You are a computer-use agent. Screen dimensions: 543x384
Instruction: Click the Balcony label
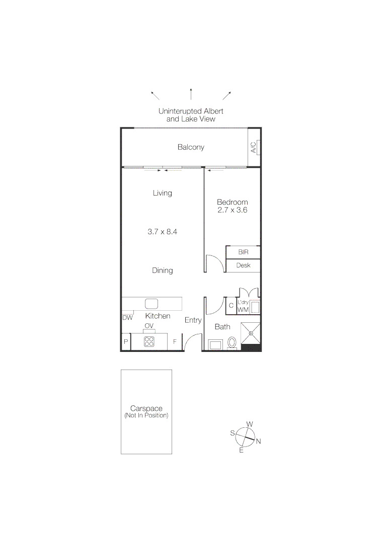coord(191,147)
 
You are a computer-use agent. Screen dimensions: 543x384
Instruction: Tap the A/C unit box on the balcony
coord(254,147)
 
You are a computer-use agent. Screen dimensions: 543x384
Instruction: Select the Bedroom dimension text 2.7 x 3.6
coord(232,210)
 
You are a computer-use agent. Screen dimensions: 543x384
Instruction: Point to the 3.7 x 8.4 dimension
coord(163,232)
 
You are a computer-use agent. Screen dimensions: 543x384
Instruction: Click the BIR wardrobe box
coord(243,252)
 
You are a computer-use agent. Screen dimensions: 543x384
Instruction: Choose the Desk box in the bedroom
coord(243,265)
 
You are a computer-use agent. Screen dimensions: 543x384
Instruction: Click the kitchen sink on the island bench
coord(152,303)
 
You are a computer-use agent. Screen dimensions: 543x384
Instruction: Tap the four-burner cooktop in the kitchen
coord(149,342)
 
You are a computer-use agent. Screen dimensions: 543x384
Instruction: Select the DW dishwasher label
coord(127,317)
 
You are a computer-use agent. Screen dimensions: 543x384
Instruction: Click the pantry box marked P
coord(125,342)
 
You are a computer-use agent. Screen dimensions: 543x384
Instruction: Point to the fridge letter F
coord(175,342)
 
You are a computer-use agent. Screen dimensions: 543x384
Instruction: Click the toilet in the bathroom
coord(233,343)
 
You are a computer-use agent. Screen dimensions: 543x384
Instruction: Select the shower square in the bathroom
coord(250,332)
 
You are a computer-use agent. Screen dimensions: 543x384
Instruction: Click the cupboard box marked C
coord(231,306)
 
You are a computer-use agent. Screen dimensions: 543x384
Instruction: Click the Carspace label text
coord(146,409)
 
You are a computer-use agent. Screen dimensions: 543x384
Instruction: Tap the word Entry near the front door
coord(193,320)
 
